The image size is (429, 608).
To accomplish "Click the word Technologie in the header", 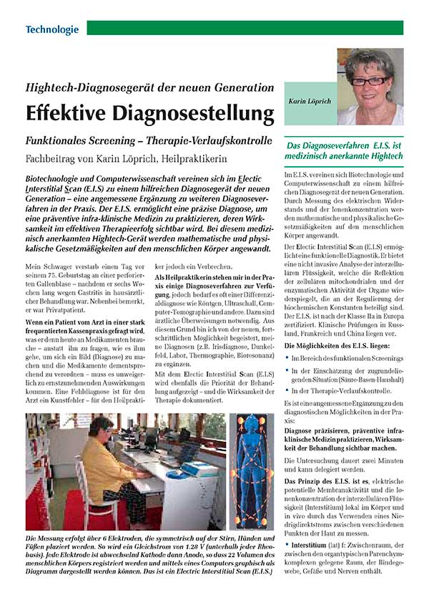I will pos(51,29).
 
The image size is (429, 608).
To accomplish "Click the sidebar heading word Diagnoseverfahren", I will pos(339,144).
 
